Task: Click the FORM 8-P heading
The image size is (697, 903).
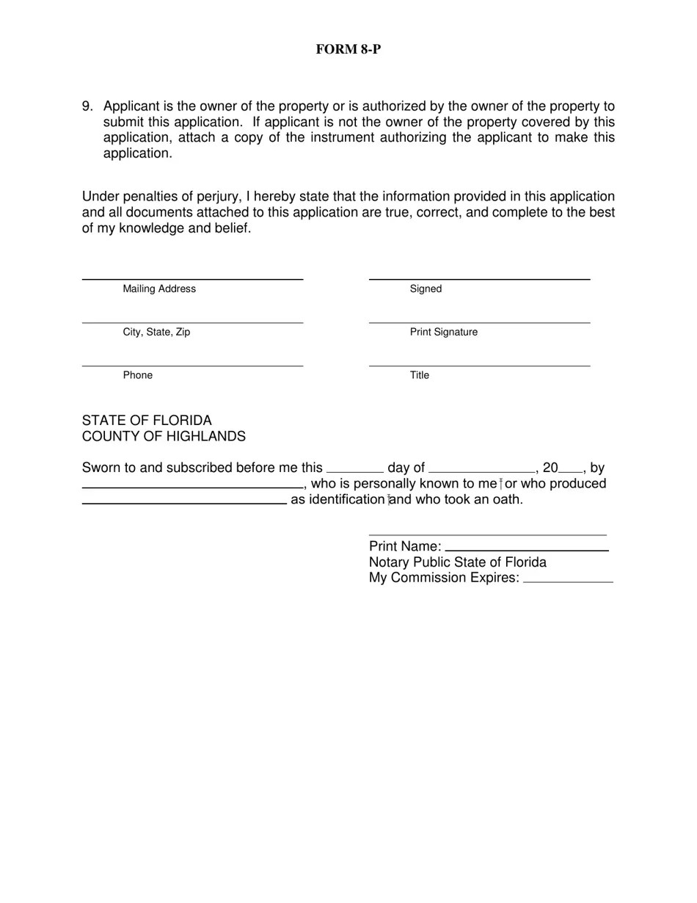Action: click(348, 49)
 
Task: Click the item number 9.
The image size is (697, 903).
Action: click(87, 106)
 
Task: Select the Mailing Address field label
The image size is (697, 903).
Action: click(159, 289)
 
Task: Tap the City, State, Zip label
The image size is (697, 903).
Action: click(156, 332)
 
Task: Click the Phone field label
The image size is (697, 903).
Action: click(138, 375)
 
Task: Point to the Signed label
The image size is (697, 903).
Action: click(426, 289)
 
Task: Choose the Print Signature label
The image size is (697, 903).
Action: click(443, 332)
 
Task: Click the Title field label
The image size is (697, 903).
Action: click(420, 375)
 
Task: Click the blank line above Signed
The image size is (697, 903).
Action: click(479, 278)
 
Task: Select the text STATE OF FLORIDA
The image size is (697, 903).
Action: click(147, 421)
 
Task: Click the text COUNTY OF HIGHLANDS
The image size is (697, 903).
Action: click(164, 437)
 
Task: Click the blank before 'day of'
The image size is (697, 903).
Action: click(354, 470)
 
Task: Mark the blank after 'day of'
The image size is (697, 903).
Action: click(482, 470)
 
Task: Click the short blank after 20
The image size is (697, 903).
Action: click(570, 470)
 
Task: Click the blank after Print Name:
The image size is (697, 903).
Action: click(527, 549)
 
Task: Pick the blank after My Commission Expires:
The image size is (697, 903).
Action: click(569, 581)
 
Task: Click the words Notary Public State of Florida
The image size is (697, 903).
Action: click(457, 562)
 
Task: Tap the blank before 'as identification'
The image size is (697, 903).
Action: click(183, 502)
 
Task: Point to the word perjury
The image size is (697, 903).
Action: click(217, 197)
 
